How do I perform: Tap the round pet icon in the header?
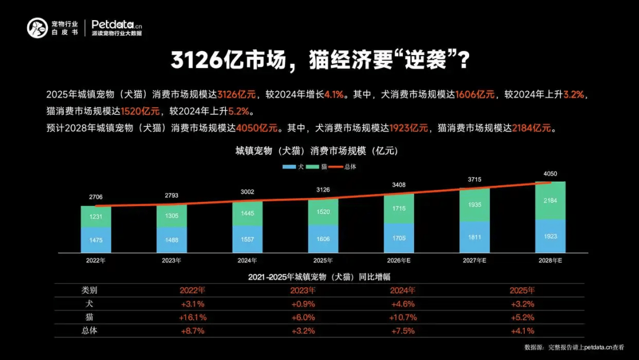click(37, 28)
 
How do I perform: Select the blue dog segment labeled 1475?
click(96, 240)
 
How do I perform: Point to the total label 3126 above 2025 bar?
click(322, 189)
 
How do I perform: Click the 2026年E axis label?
click(398, 261)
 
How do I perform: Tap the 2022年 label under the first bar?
click(96, 261)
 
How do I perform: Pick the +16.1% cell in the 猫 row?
click(192, 317)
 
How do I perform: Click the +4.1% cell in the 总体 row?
click(522, 331)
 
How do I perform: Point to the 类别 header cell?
click(89, 290)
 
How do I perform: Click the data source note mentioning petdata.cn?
click(574, 347)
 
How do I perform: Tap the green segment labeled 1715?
click(398, 209)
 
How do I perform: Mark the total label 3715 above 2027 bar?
click(474, 179)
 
